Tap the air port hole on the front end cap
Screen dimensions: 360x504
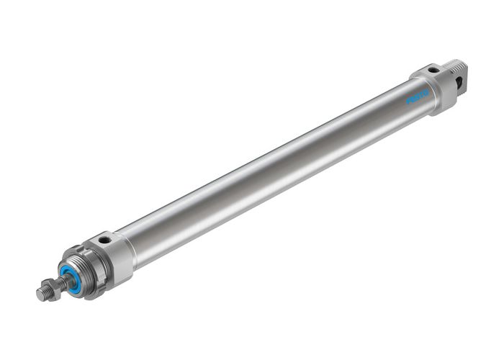(105, 238)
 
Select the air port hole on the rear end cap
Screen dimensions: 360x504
(433, 70)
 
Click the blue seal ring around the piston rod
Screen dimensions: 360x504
(71, 274)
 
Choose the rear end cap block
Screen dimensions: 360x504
(435, 86)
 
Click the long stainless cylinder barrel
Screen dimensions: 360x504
(274, 173)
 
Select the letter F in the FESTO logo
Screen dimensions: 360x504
(408, 102)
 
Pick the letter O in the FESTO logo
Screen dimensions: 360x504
(426, 93)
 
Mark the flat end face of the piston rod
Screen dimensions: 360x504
(39, 294)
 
